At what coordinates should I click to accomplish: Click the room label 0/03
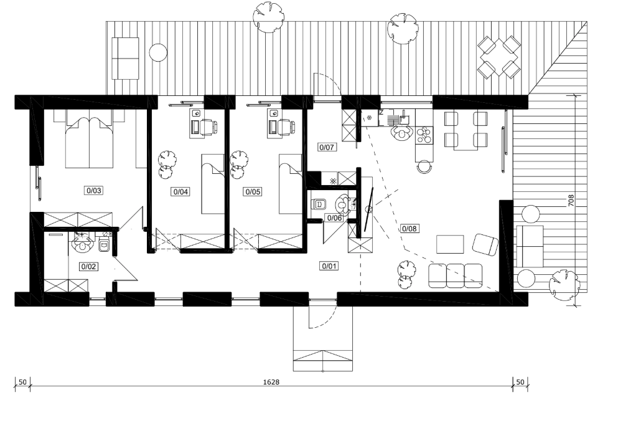click(93, 191)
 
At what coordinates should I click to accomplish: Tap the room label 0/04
click(180, 192)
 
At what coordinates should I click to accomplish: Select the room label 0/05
click(253, 192)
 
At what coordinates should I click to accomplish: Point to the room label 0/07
click(326, 148)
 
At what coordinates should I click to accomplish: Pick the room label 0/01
click(329, 266)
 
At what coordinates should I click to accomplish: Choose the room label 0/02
click(88, 267)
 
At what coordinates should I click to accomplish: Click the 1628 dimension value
click(271, 382)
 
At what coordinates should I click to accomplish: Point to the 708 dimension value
click(571, 201)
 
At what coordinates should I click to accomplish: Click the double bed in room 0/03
click(90, 139)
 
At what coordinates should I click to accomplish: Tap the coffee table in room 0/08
click(450, 244)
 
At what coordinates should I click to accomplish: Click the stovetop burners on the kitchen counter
click(424, 135)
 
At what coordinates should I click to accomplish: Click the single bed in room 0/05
click(291, 184)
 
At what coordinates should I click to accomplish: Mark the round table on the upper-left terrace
click(158, 52)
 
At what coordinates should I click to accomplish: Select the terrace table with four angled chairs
click(499, 57)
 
